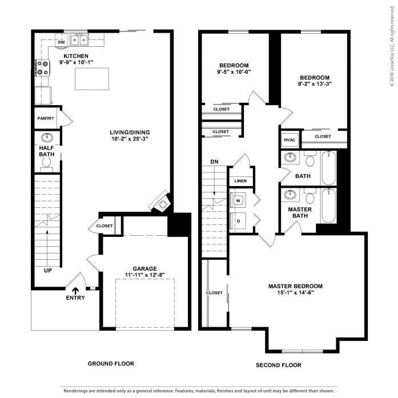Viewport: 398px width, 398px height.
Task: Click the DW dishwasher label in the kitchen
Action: point(61,42)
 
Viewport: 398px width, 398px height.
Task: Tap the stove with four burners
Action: point(43,69)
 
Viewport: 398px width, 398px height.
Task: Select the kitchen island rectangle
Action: point(91,78)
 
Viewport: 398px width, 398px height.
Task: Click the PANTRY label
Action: point(46,119)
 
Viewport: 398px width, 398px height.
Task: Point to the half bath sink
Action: point(47,138)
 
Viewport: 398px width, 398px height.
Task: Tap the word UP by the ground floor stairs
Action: point(49,270)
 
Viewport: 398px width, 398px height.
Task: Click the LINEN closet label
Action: point(240,181)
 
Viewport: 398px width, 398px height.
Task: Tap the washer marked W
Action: point(238,200)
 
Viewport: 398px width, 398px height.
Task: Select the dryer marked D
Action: point(238,219)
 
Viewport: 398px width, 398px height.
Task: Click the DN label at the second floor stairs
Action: point(214,162)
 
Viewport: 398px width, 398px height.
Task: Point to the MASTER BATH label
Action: point(299,213)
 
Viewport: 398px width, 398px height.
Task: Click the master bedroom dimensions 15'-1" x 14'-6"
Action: point(295,294)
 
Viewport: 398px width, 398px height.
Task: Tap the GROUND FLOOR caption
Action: point(111,364)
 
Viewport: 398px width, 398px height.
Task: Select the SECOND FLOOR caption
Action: point(279,365)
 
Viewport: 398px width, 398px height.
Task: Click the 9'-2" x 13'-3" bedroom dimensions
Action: point(315,84)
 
